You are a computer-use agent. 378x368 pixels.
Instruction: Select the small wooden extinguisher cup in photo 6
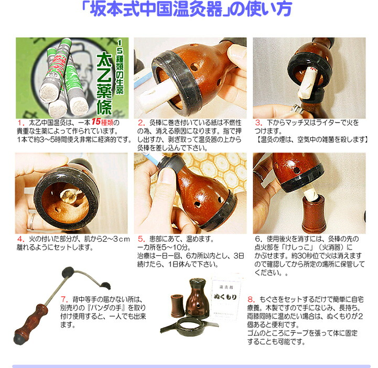click(314, 213)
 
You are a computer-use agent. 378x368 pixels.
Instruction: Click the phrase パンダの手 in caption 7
click(105, 302)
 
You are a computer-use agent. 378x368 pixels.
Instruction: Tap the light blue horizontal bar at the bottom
click(189, 365)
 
